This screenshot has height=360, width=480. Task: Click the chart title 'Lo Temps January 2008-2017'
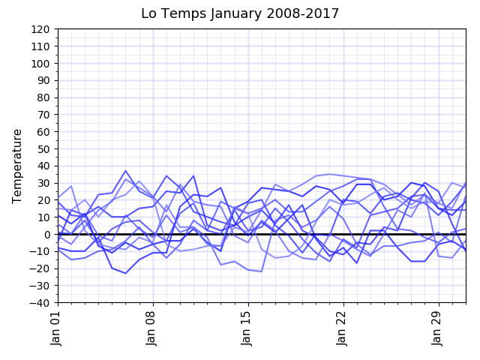pyautogui.click(x=240, y=13)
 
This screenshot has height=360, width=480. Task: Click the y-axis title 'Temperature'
pyautogui.click(x=18, y=166)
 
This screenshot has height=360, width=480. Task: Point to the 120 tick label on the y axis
pyautogui.click(x=40, y=29)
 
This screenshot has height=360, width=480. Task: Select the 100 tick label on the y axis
pyautogui.click(x=40, y=64)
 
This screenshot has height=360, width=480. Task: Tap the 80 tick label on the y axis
pyautogui.click(x=43, y=97)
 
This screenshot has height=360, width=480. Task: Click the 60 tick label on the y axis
pyautogui.click(x=43, y=132)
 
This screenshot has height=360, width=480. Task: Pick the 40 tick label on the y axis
pyautogui.click(x=43, y=166)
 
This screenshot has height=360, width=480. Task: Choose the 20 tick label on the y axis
pyautogui.click(x=43, y=200)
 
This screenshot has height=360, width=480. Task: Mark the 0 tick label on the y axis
pyautogui.click(x=46, y=234)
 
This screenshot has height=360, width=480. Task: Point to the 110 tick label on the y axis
pyautogui.click(x=40, y=46)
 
